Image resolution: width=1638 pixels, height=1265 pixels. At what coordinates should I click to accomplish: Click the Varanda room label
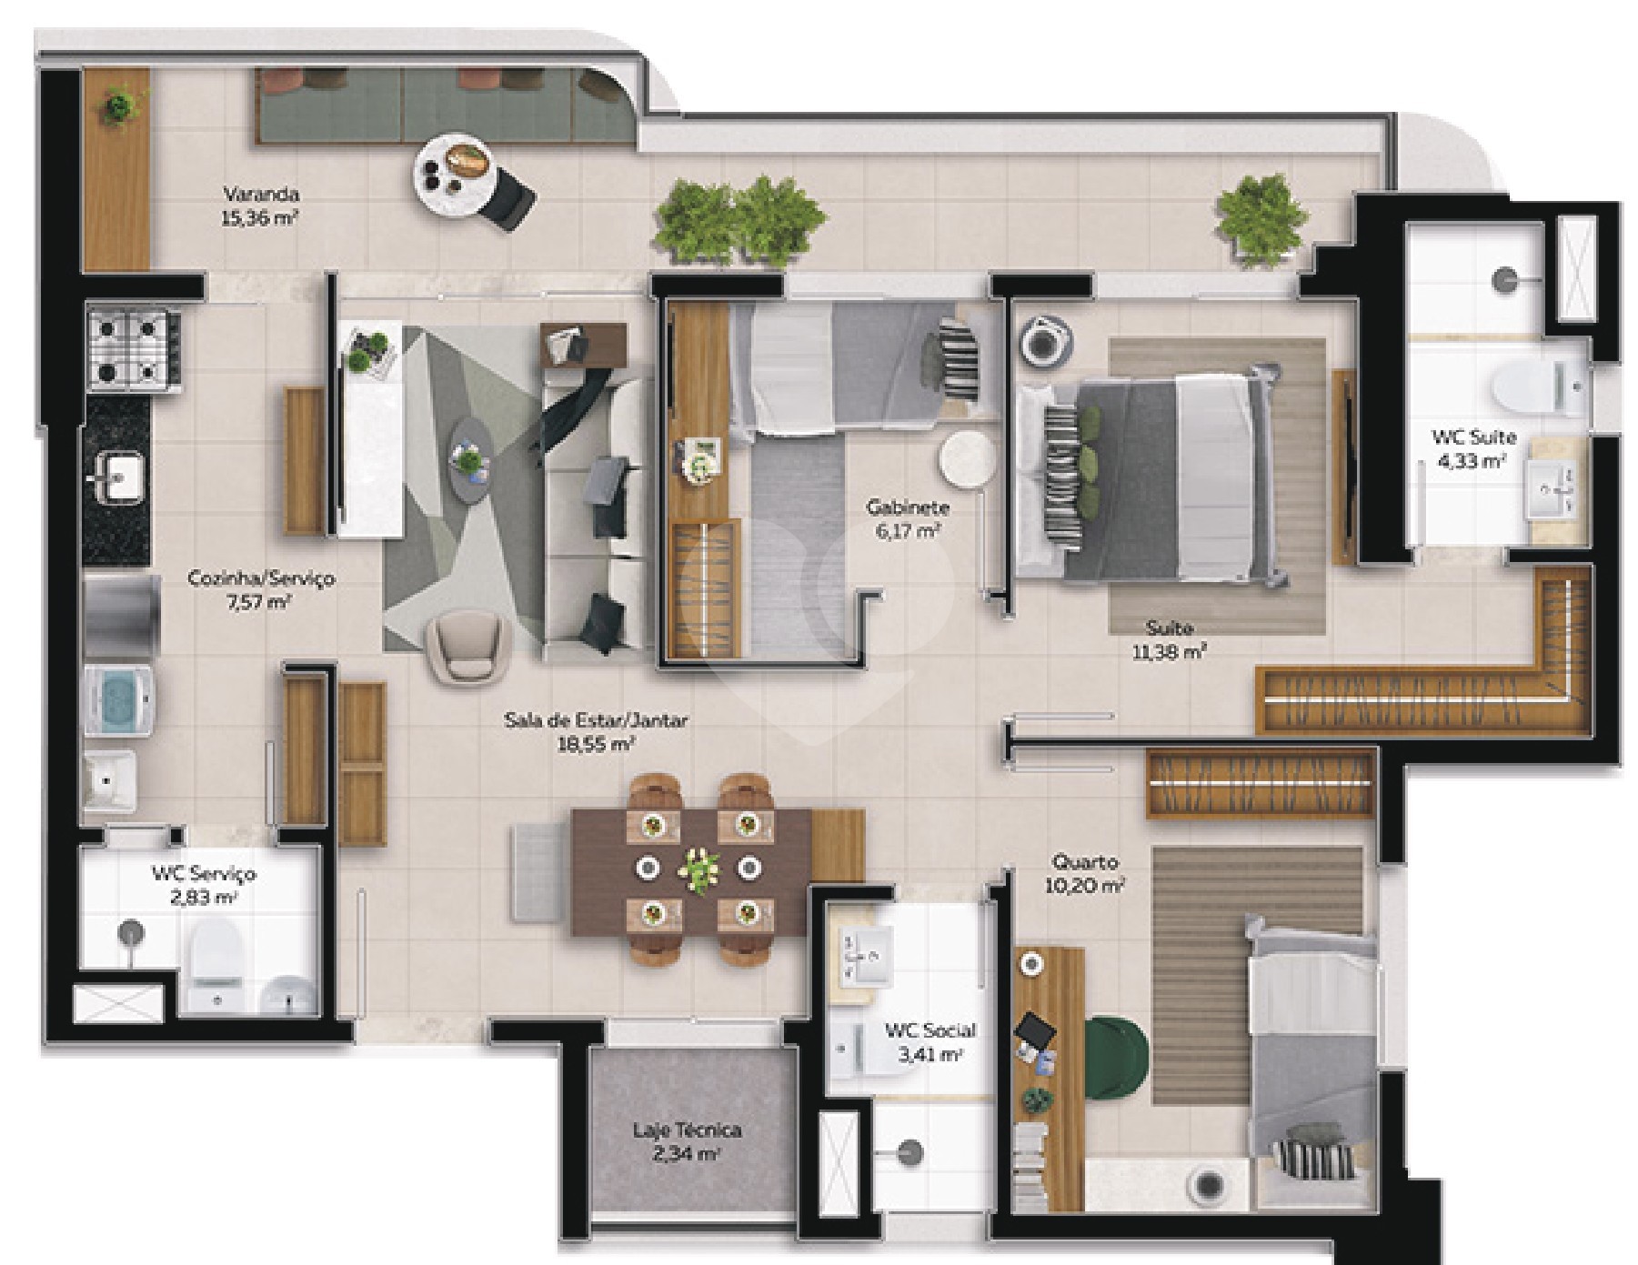261,194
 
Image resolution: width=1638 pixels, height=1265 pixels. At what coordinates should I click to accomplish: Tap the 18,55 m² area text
596,744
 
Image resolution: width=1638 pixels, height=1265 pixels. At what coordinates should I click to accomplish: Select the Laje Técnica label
688,1130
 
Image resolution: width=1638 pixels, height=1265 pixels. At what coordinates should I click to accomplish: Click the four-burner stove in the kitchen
133,347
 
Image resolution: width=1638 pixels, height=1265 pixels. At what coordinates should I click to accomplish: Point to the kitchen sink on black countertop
115,477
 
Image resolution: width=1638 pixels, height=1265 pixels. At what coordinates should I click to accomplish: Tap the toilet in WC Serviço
216,956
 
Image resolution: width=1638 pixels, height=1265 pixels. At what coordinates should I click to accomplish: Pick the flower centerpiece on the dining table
698,868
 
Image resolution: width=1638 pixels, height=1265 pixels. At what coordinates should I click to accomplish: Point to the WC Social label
930,1030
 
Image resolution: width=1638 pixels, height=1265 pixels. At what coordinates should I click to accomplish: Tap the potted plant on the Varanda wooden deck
118,105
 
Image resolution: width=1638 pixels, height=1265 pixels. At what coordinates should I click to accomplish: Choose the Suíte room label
1169,627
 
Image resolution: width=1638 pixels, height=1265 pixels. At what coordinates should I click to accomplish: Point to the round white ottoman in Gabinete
968,460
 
